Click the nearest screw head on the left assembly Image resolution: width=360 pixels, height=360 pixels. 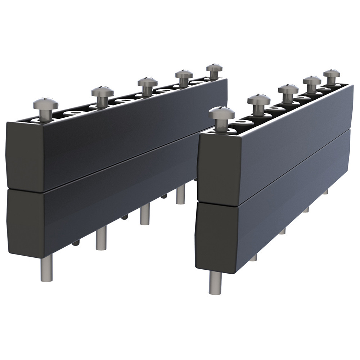45,103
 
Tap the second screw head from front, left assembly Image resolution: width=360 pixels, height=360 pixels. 102,91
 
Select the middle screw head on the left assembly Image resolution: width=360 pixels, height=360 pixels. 147,82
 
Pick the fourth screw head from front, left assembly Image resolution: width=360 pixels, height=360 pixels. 184,74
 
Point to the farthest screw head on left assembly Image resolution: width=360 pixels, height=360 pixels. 214,67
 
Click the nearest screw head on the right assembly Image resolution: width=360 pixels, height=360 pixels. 221,113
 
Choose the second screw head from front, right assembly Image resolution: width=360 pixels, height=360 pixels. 258,99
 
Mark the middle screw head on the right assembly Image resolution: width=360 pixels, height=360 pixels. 288,89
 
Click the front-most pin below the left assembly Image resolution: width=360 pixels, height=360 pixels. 46,268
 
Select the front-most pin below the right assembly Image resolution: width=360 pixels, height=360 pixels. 215,283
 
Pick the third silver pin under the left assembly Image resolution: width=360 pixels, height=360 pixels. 145,214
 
